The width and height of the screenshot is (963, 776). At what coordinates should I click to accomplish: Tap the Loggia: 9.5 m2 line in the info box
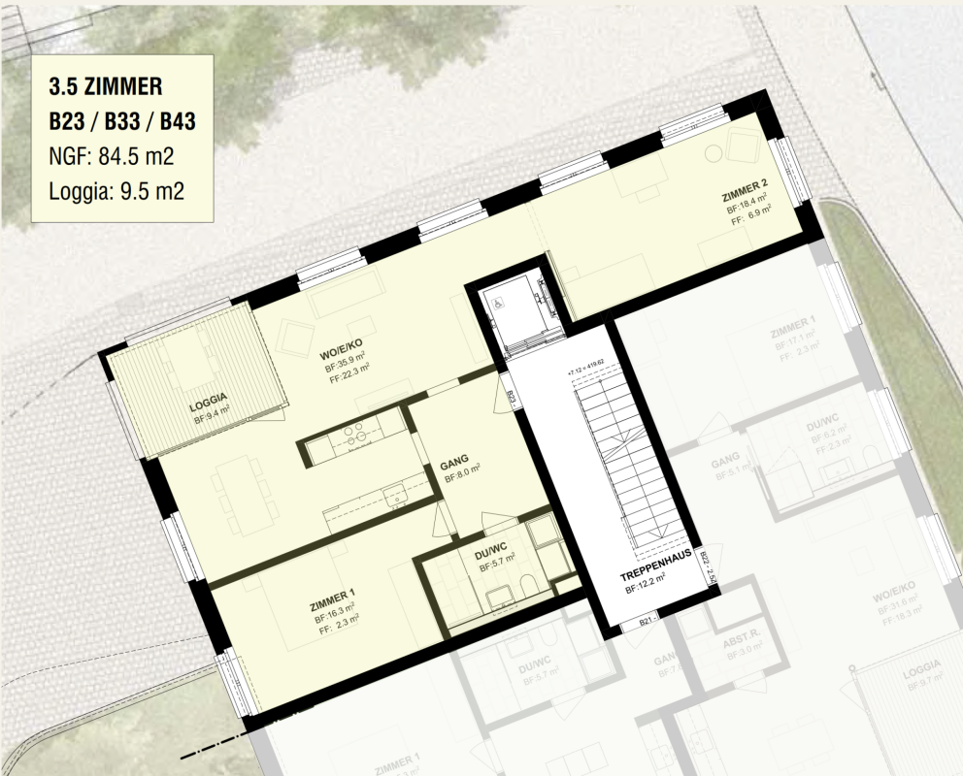pyautogui.click(x=116, y=189)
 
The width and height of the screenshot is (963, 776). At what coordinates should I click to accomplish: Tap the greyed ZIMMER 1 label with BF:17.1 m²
pyautogui.click(x=793, y=335)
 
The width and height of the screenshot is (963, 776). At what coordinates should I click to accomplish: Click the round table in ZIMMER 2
pyautogui.click(x=715, y=151)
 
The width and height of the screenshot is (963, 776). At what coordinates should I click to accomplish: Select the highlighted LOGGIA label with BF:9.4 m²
pyautogui.click(x=210, y=398)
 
